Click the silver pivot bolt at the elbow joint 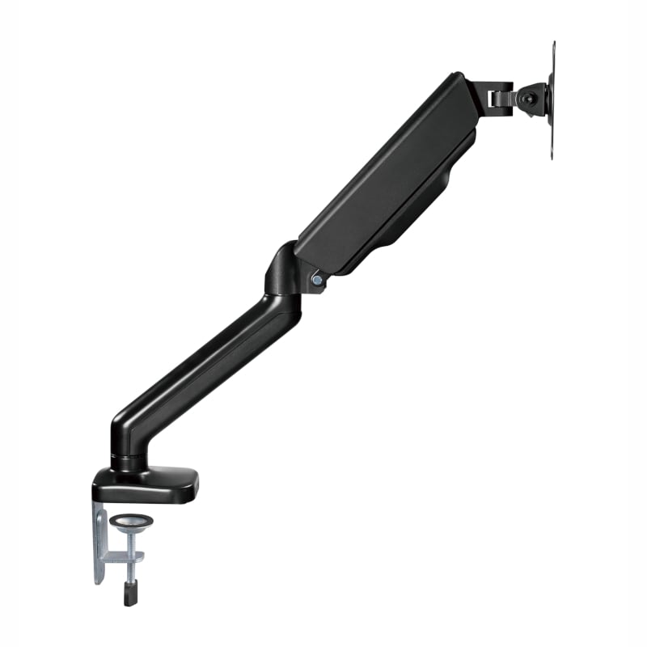point(316,280)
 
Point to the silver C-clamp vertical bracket point(100,538)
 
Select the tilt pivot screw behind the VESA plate point(526,98)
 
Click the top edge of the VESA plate point(554,45)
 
